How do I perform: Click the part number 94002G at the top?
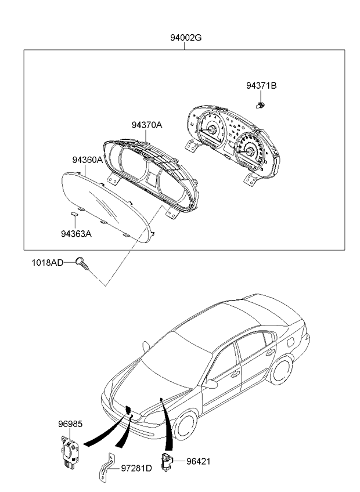pos(186,38)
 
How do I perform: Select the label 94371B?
pos(261,86)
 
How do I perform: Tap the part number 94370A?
pos(147,125)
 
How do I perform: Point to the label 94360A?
pos(87,160)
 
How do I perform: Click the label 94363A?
pos(76,234)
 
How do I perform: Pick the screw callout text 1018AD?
pos(48,262)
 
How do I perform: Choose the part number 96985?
pos(70,424)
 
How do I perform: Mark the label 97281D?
pos(136,468)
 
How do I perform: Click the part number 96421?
pos(198,461)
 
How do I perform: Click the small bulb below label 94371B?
pos(260,106)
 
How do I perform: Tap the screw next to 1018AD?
pos(82,263)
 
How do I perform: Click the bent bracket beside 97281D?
pos(106,468)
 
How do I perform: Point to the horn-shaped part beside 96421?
pos(166,462)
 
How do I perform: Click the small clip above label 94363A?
pos(74,214)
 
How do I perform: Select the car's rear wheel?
pos(281,370)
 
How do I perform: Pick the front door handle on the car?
pos(235,374)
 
